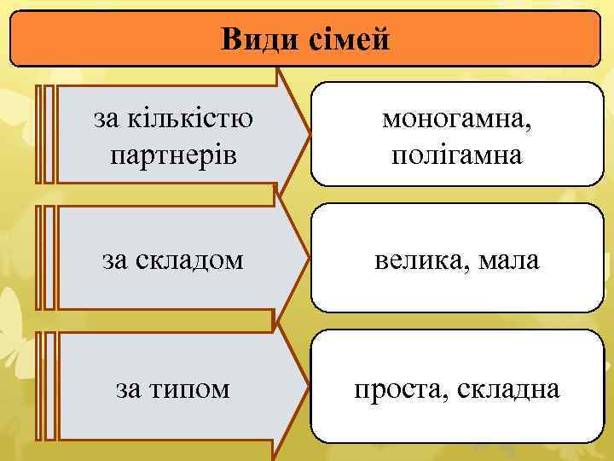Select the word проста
coord(401,389)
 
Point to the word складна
coord(508,389)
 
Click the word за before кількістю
coord(106,120)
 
